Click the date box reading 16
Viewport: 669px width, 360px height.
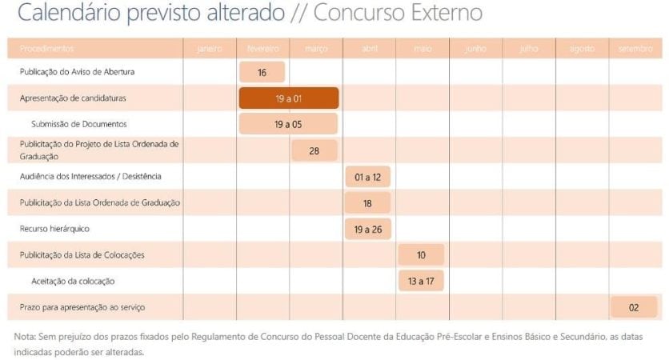262,72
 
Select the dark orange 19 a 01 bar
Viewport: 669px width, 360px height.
289,98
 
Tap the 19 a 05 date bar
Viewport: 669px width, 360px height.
288,124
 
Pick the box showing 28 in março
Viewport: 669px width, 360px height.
314,150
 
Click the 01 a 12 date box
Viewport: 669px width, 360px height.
367,177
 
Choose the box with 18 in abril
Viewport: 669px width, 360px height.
367,203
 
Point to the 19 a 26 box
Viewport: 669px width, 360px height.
367,230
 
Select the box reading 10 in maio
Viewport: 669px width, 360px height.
421,255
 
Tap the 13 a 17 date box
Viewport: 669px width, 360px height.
421,282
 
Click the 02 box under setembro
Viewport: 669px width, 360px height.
634,307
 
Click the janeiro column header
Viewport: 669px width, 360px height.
210,49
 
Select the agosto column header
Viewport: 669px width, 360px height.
582,49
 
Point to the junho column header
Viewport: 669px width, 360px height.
475,49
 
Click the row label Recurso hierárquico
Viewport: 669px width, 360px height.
54,229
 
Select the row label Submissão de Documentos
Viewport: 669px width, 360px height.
79,124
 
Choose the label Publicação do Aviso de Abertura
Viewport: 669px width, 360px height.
77,72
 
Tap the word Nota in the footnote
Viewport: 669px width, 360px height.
24,336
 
